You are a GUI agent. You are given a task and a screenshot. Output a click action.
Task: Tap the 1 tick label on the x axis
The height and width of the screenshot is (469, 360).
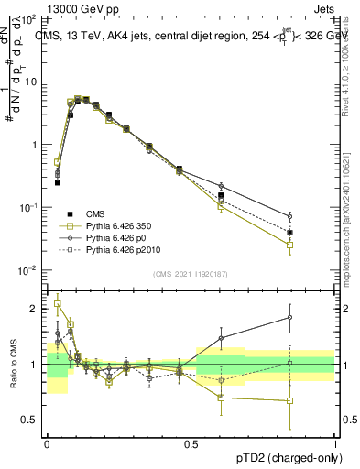click(x=335, y=442)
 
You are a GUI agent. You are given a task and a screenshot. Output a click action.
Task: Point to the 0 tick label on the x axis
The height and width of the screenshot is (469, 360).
click(x=47, y=442)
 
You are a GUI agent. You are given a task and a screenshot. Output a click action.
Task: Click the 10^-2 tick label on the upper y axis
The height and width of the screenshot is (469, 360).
click(x=27, y=270)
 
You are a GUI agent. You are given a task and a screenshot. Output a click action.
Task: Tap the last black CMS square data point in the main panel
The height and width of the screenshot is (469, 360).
click(x=315, y=233)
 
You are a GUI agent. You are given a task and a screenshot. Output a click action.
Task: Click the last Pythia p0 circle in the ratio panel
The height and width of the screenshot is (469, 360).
click(x=315, y=317)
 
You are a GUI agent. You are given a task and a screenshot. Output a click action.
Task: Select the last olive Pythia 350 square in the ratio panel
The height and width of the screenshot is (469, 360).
click(x=315, y=400)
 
